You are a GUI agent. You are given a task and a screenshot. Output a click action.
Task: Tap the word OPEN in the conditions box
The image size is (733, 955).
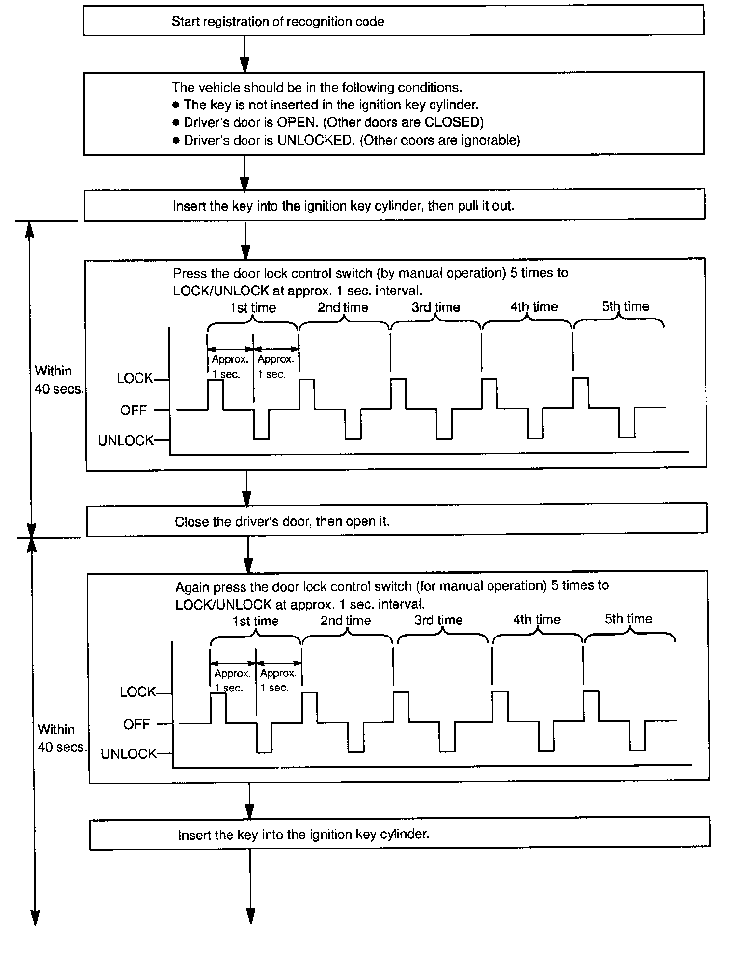296,122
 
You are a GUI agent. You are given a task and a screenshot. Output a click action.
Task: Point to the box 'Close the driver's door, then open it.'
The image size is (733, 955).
396,521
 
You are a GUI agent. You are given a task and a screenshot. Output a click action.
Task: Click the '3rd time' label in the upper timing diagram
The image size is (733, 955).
435,307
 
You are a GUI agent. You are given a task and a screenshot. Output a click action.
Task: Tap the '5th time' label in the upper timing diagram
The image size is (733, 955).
625,306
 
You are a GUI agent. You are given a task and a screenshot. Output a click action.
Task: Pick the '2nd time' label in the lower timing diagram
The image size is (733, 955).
346,621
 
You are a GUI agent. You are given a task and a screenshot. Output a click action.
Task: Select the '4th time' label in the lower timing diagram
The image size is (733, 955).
537,620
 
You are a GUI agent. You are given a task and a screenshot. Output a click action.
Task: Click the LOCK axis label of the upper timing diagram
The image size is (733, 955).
135,379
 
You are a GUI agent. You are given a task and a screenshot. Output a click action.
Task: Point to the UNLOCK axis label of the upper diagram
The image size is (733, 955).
126,441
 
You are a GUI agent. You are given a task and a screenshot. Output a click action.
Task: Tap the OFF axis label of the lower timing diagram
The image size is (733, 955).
136,724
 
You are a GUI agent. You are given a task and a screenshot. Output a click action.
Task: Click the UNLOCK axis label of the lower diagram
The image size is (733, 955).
129,754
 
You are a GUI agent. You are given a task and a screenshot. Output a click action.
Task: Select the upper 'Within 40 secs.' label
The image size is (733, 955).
58,380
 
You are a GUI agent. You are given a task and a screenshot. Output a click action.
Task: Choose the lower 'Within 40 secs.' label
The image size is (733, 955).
61,738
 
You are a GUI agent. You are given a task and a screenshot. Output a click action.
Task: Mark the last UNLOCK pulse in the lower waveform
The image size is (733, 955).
637,736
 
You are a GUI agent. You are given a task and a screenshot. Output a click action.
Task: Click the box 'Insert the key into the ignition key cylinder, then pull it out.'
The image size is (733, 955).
394,206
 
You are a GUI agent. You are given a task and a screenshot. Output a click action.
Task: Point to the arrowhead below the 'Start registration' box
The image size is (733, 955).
245,64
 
